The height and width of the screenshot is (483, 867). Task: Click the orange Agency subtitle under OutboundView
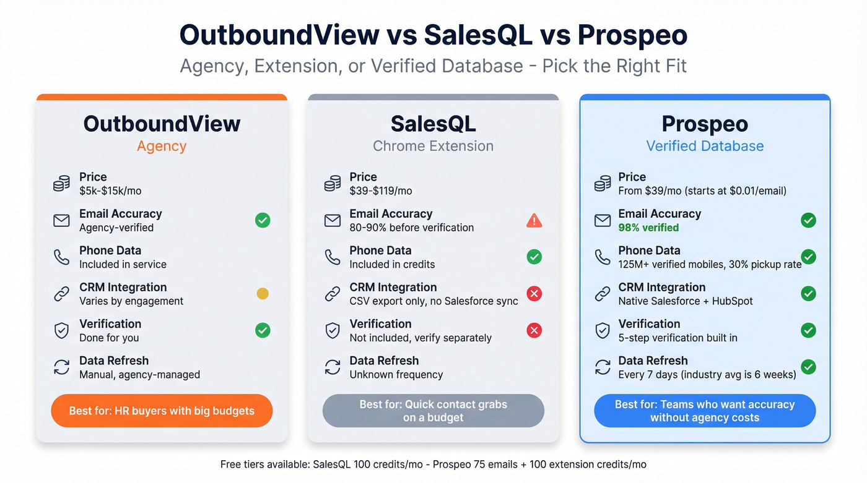162,146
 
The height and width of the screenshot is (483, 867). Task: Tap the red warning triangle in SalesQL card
534,220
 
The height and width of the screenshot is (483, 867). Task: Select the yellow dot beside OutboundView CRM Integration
263,294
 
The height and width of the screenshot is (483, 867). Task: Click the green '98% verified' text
648,228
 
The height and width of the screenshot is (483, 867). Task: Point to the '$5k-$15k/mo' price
110,190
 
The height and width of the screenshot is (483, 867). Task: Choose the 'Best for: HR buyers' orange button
162,411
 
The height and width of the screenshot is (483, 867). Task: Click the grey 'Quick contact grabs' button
434,411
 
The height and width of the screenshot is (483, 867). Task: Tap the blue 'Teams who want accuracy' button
705,411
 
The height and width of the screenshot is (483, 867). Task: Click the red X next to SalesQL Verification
534,330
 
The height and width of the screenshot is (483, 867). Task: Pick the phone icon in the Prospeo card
603,257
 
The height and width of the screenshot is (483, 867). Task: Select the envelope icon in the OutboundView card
61,220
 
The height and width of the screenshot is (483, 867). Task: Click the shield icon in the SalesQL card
333,330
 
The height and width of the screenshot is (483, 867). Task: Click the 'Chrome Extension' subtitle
434,146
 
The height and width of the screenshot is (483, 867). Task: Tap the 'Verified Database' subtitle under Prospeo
705,146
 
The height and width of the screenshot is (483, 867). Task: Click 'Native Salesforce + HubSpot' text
686,301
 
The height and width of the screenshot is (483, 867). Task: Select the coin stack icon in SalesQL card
333,184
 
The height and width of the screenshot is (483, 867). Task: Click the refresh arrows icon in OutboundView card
61,367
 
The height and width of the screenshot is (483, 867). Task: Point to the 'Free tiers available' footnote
434,464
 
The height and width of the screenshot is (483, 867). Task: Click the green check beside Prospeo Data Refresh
808,367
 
